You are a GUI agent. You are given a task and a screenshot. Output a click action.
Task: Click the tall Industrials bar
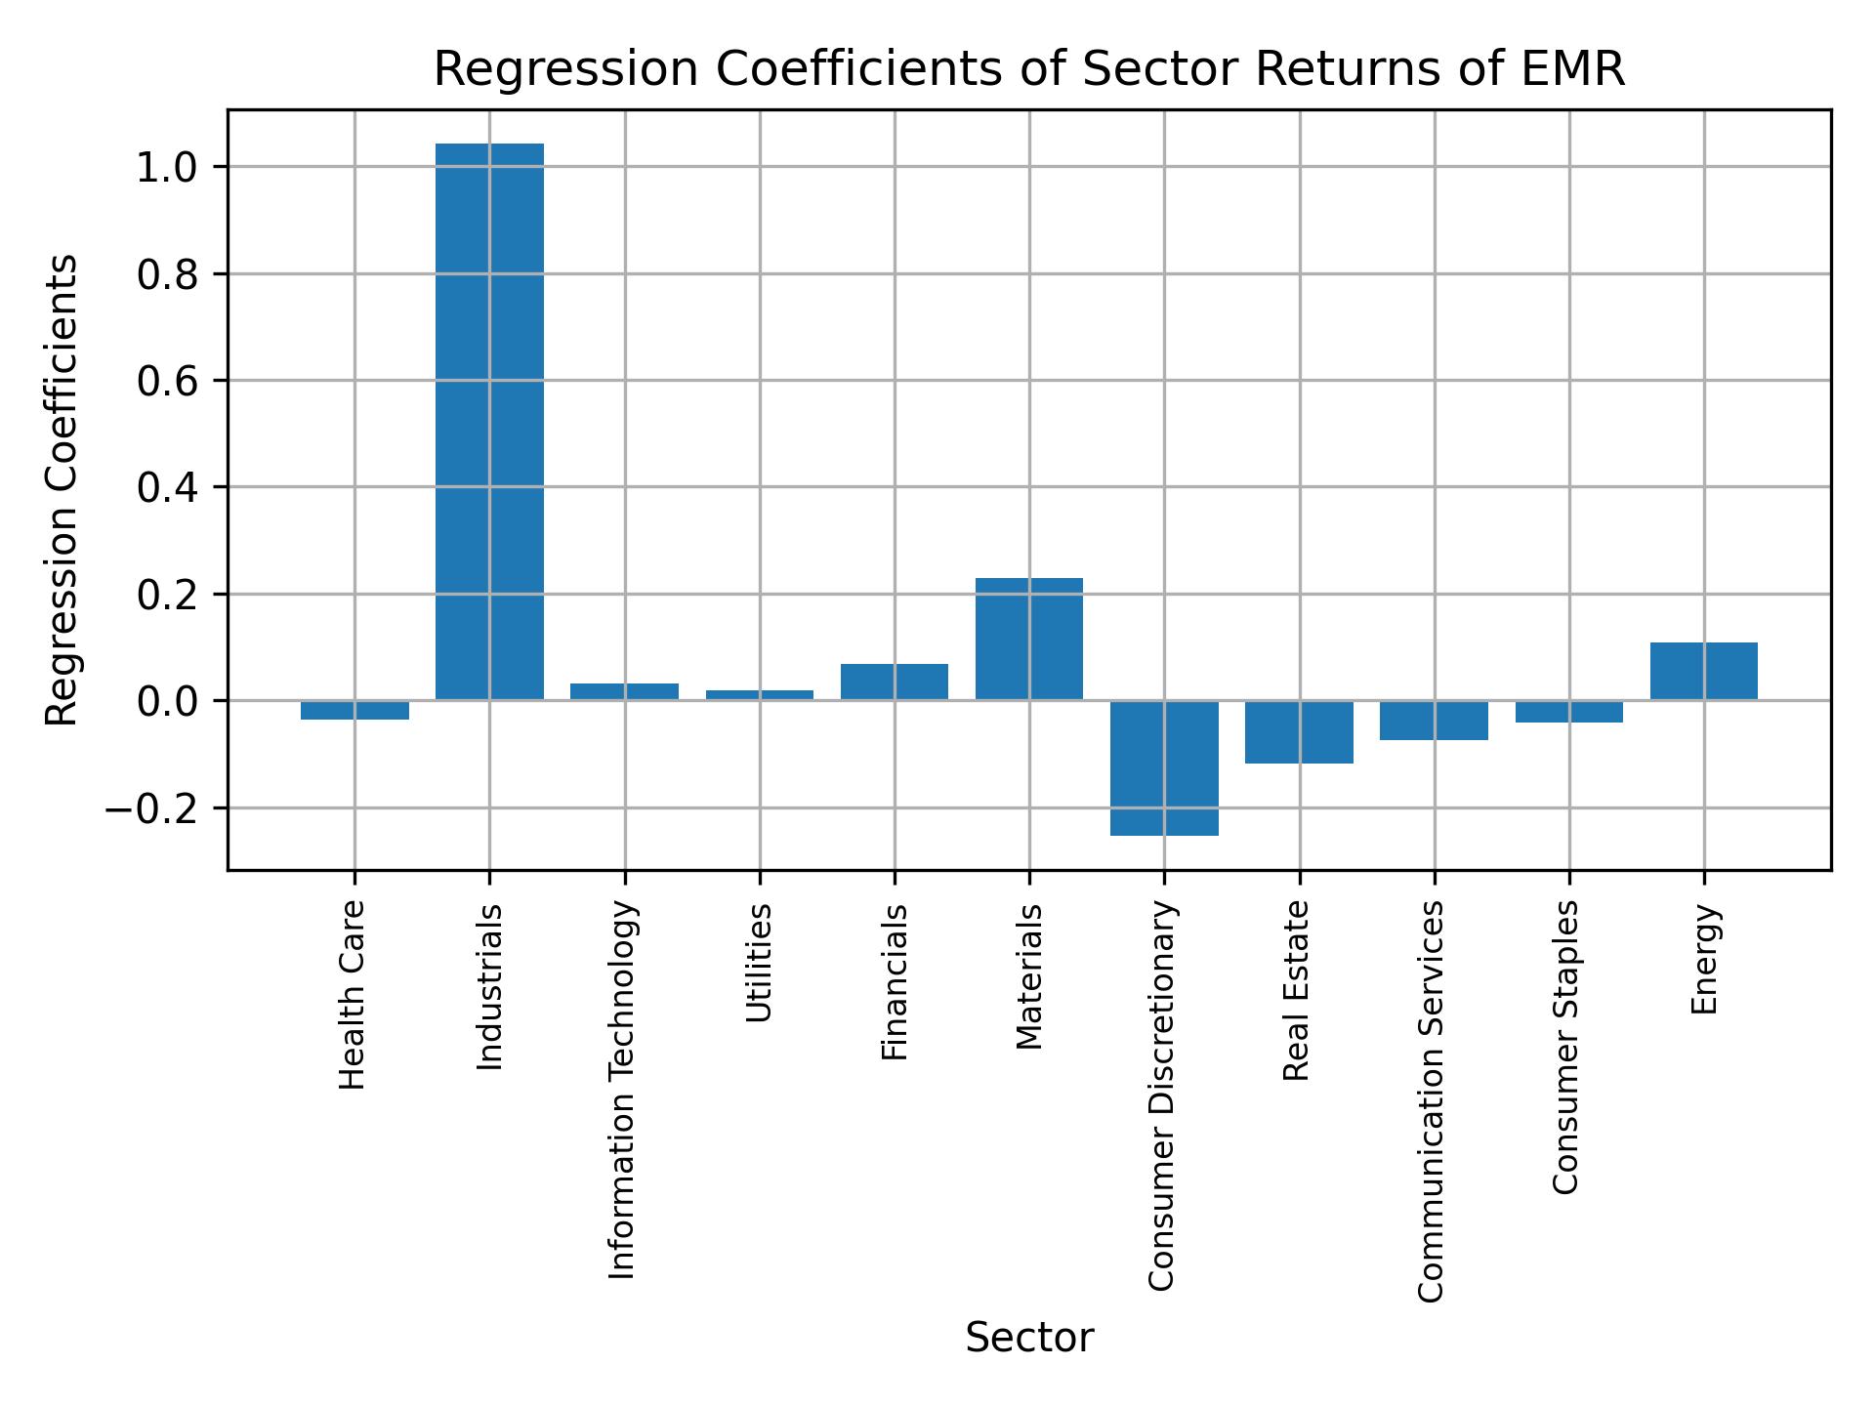coord(489,420)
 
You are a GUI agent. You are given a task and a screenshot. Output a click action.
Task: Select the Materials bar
coord(1029,639)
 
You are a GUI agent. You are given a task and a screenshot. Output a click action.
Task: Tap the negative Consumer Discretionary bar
coord(1164,767)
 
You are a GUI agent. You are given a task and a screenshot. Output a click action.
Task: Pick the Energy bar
coord(1704,671)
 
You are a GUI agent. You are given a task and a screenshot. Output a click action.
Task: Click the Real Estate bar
coord(1299,731)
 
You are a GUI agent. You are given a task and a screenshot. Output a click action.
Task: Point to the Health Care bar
coord(354,710)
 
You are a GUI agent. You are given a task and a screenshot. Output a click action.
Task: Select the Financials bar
coord(895,682)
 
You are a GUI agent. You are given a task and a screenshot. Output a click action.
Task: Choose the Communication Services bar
coord(1434,720)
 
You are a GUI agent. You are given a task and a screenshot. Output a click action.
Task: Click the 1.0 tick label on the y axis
coord(168,168)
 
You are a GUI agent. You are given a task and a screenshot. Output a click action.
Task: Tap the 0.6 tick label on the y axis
coord(168,382)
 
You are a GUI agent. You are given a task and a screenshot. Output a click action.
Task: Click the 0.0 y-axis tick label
coord(168,702)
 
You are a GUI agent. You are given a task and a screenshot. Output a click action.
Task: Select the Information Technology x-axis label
coord(623,1090)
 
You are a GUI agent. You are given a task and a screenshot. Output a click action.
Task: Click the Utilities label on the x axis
coord(759,963)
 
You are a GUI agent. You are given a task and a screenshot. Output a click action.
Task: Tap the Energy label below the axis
coord(1704,960)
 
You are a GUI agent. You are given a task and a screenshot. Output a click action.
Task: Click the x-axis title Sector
coord(1029,1339)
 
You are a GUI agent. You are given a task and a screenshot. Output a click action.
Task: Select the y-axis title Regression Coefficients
coord(63,489)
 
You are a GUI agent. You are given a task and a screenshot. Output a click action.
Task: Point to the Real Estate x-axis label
coord(1296,991)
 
